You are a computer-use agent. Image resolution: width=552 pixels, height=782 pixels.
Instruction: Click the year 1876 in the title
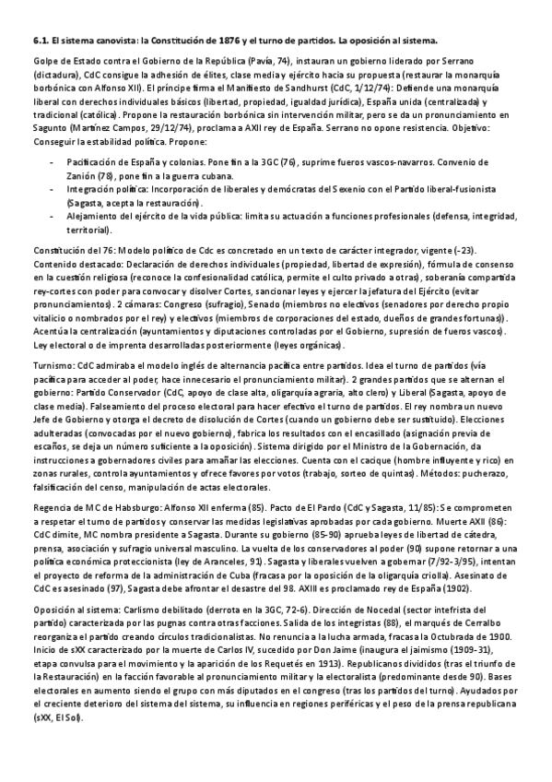(232, 41)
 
